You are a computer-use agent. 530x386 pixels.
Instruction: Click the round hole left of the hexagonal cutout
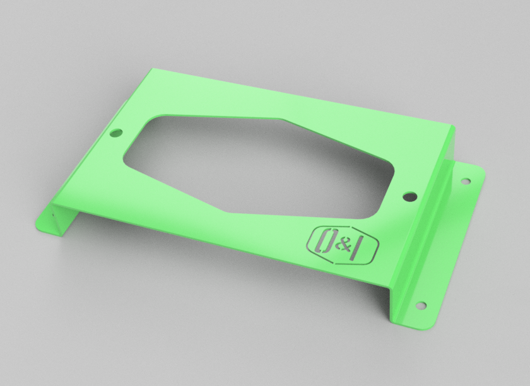pos(115,134)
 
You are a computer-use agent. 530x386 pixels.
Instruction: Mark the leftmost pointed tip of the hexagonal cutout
pos(124,155)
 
